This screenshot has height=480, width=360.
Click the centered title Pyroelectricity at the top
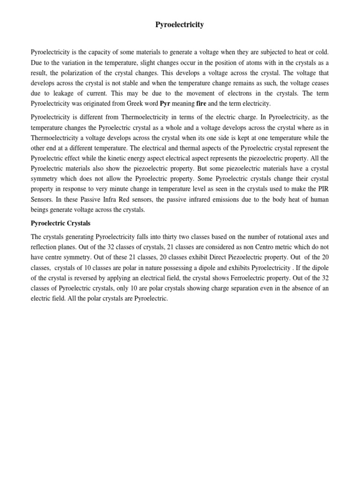(x=180, y=25)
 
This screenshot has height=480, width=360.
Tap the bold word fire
(x=201, y=104)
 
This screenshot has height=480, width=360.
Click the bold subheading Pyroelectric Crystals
(x=60, y=223)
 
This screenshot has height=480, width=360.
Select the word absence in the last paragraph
(x=299, y=288)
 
